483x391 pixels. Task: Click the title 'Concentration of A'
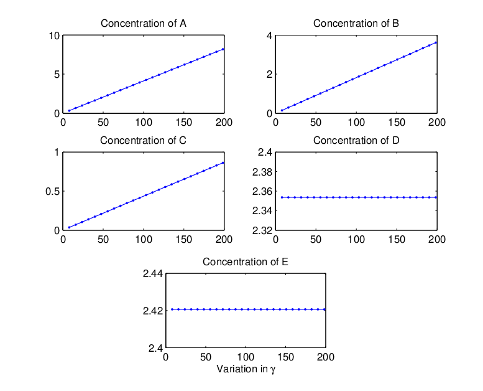point(143,24)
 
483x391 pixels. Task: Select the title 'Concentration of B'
point(356,24)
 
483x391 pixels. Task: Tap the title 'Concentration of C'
point(143,141)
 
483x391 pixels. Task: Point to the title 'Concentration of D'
point(356,141)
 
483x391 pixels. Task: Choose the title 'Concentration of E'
point(246,261)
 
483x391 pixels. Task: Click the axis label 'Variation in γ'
point(246,369)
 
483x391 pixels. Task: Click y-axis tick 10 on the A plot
point(54,35)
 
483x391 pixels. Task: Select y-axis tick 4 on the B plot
point(270,35)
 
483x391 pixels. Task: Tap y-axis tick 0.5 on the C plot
point(52,191)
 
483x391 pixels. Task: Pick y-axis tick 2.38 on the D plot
point(262,172)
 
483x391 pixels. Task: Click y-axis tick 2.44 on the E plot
point(153,273)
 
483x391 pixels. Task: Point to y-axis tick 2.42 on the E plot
point(153,311)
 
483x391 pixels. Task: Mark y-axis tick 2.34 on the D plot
point(262,211)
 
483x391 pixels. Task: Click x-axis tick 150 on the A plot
point(184,123)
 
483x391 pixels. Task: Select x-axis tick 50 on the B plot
point(316,123)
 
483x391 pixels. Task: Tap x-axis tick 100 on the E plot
point(246,357)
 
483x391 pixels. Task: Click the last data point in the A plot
point(223,49)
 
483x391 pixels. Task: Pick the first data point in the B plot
point(282,110)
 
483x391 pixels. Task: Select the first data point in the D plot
point(282,197)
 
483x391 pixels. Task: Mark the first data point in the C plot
point(69,227)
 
